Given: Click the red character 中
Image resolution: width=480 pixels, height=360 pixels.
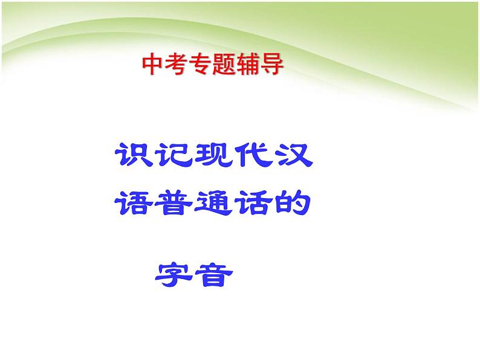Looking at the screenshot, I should (152, 65).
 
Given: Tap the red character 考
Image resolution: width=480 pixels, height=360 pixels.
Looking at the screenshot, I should (176, 65).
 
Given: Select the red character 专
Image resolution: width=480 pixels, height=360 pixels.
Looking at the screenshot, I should (199, 65).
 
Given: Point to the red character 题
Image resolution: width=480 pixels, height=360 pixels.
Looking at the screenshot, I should (223, 65).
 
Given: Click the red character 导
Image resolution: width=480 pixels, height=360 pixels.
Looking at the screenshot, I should (271, 65).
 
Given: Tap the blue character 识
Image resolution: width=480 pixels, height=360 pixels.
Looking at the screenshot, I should (134, 156).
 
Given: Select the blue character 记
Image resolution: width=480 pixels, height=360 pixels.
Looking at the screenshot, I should (174, 156).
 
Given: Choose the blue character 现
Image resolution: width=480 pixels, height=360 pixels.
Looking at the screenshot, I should (213, 156).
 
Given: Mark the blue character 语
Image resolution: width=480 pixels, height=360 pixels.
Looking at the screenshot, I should (134, 204).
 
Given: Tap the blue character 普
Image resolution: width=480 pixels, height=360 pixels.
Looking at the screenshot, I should (174, 204).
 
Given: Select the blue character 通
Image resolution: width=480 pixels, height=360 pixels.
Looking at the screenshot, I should (213, 204).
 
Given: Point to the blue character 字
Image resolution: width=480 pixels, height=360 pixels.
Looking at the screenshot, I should (173, 275).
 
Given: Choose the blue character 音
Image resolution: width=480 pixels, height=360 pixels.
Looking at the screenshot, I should (213, 275).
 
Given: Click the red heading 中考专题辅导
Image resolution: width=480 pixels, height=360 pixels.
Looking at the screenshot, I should (212, 65).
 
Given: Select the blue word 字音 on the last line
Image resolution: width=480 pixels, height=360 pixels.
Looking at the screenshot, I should (193, 275).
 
